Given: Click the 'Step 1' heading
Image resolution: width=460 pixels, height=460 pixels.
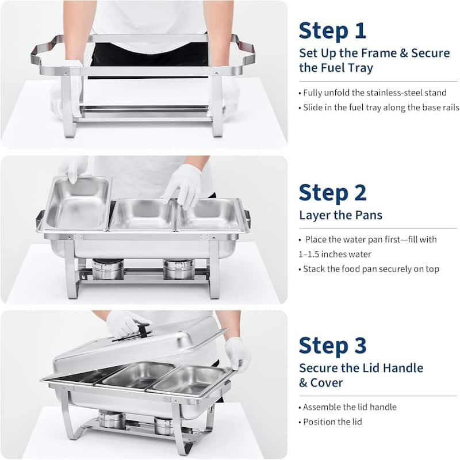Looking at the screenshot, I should [332, 29].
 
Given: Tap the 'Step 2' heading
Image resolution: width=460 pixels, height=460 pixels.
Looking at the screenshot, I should [332, 193].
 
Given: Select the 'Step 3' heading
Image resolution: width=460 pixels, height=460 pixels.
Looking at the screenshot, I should [332, 346].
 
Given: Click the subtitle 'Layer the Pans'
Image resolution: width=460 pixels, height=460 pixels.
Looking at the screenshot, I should [340, 215].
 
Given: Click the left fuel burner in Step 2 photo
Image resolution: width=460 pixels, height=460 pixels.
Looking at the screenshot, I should [108, 269].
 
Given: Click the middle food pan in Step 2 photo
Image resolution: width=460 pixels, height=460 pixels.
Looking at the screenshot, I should [141, 214].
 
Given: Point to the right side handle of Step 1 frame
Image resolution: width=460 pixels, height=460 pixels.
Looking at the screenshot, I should [244, 52].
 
